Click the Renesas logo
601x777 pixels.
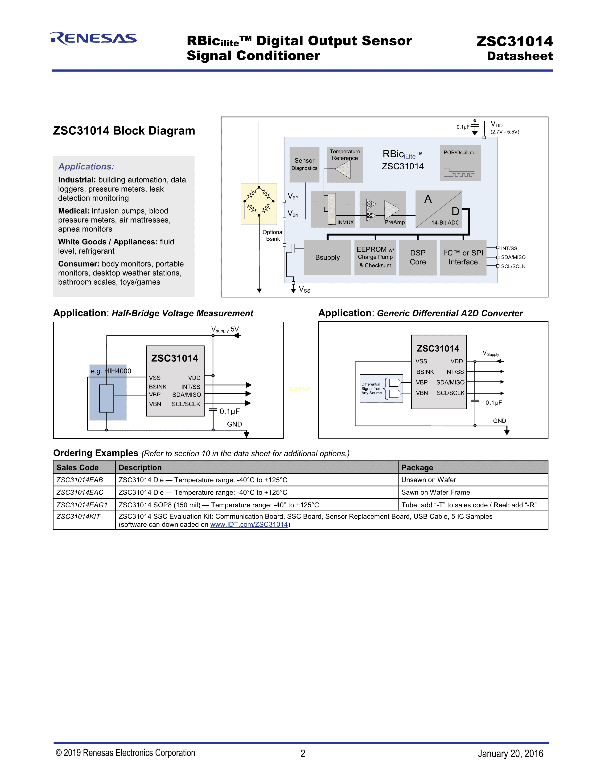(93, 38)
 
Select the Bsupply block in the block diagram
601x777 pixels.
(327, 257)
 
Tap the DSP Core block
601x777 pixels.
(418, 257)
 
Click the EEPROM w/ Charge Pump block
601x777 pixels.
(375, 257)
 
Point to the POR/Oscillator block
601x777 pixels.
(460, 163)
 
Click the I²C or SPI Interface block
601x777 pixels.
(463, 257)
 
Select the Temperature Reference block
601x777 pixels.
(345, 164)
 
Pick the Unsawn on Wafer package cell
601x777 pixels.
(429, 480)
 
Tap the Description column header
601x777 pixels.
(140, 467)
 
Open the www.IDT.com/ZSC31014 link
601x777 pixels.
(249, 524)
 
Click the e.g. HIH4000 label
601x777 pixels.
(111, 371)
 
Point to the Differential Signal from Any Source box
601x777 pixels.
(381, 388)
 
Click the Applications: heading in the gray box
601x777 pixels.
(86, 166)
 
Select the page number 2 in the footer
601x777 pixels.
(303, 753)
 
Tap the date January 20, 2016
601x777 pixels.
(510, 753)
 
